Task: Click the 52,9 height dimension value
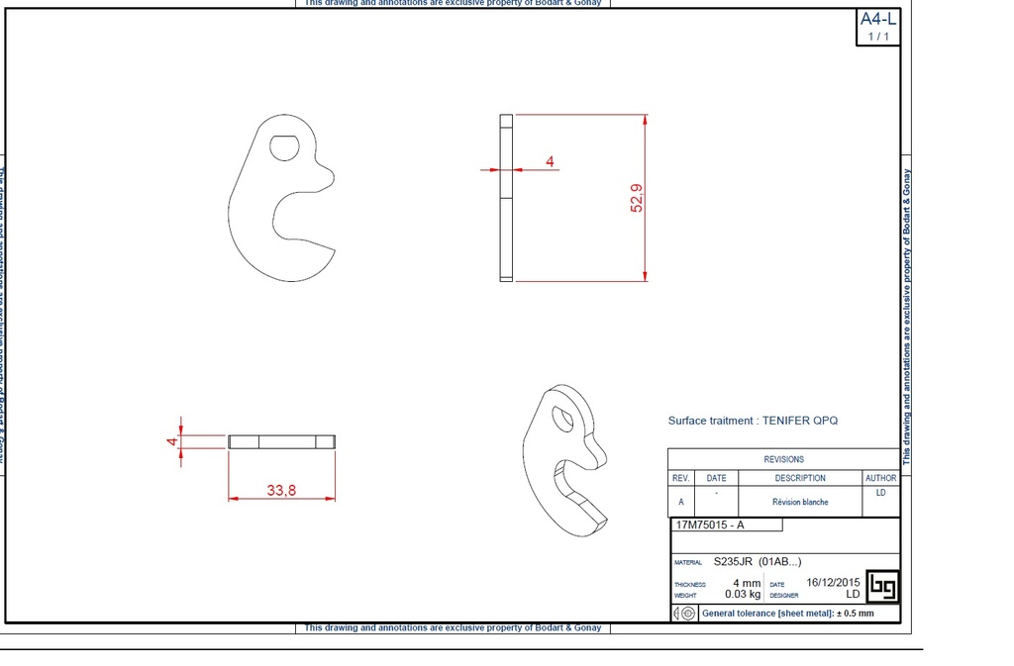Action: tap(636, 198)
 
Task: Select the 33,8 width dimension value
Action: tap(281, 488)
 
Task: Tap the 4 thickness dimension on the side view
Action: tap(550, 160)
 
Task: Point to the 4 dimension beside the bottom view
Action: tap(172, 441)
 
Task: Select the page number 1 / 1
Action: tap(877, 37)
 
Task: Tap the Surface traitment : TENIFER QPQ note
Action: tap(753, 421)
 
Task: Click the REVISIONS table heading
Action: tap(783, 459)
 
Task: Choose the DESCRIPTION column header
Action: tap(800, 478)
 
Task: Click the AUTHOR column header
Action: tap(880, 478)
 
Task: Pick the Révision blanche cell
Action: tap(800, 502)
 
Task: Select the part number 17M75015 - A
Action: tap(709, 524)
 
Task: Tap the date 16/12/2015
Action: tap(833, 583)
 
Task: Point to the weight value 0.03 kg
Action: tap(742, 595)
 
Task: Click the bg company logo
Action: tap(882, 587)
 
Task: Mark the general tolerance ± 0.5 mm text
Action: tap(787, 614)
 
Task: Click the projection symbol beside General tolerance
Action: tap(684, 614)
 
